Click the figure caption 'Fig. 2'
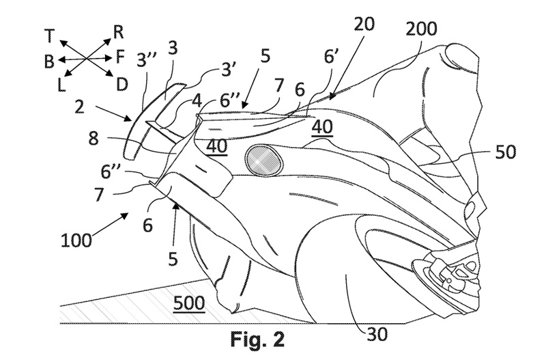(x=257, y=339)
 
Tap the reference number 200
(x=421, y=29)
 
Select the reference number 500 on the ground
(x=188, y=303)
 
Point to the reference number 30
(x=377, y=335)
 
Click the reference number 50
(x=506, y=152)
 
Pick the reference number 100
(x=76, y=240)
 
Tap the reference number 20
(x=364, y=24)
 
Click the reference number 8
(x=94, y=139)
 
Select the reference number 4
(x=197, y=101)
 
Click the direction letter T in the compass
(x=50, y=36)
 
